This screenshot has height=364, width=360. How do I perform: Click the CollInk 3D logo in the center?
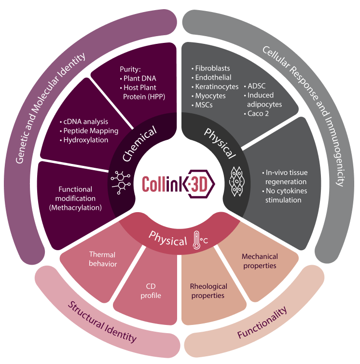(179, 184)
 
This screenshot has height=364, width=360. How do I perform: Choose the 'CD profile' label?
(151, 291)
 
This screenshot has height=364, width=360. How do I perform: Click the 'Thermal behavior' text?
(103, 259)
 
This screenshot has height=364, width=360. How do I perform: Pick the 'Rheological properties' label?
(208, 291)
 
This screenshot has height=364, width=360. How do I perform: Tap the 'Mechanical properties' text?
(260, 261)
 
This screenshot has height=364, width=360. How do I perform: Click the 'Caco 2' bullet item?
(257, 113)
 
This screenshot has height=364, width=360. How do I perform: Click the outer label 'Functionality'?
(263, 323)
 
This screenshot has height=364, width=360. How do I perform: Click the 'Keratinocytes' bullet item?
(217, 87)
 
